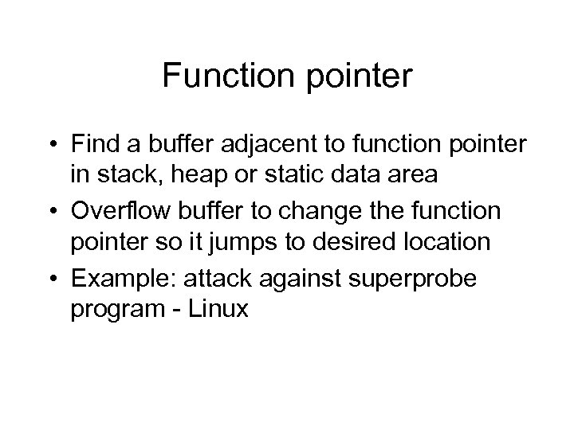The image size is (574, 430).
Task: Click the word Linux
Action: pos(220,310)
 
